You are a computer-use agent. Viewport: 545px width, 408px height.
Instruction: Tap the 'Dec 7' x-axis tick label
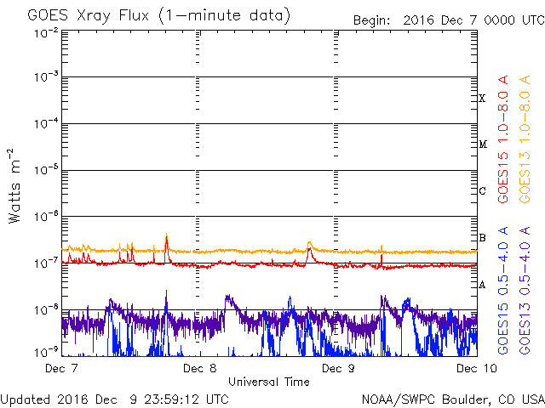[62, 368]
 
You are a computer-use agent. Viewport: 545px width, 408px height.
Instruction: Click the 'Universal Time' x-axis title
[268, 382]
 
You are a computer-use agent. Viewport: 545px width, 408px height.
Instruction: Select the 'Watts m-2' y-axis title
[14, 185]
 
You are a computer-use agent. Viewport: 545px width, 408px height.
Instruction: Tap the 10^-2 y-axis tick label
[46, 32]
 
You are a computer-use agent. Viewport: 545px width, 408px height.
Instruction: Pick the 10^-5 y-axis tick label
[46, 170]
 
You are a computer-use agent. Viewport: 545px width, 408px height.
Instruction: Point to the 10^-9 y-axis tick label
[46, 350]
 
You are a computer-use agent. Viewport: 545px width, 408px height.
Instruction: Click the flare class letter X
[482, 99]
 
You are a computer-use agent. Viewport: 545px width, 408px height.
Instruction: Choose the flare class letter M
[482, 144]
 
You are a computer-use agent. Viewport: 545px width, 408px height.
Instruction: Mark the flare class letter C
[482, 191]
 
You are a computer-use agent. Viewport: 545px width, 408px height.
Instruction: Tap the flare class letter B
[482, 237]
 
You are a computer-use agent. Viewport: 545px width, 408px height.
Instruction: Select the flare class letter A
[482, 285]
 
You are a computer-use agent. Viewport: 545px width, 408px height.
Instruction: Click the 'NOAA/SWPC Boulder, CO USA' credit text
[452, 399]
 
